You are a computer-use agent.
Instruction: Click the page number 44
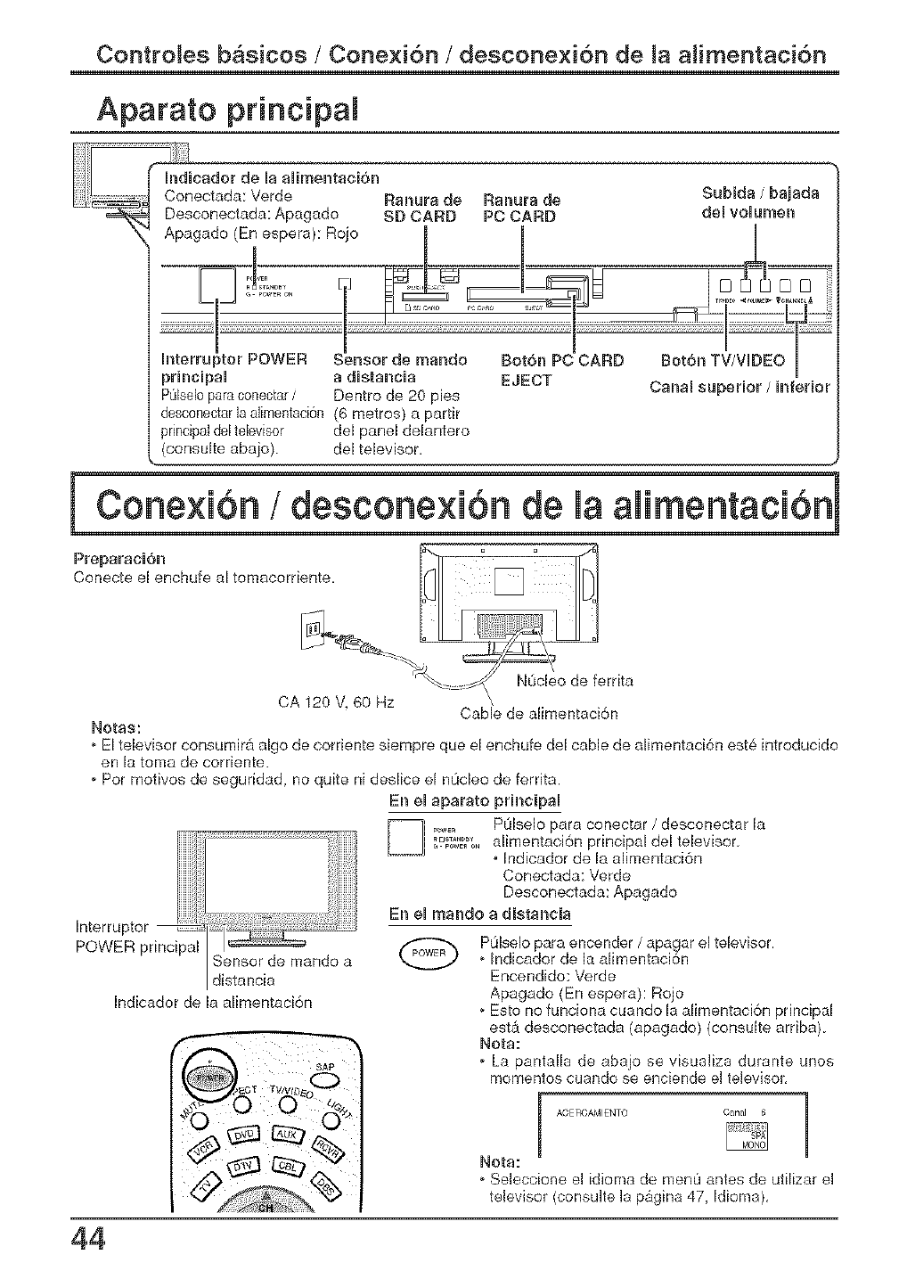[x=90, y=1241]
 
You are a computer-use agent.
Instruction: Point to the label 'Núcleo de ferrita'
[x=575, y=682]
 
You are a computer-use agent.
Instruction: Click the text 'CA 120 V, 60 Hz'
[x=337, y=701]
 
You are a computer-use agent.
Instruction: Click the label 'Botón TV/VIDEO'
[x=723, y=360]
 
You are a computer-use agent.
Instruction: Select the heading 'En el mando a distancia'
[x=479, y=915]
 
